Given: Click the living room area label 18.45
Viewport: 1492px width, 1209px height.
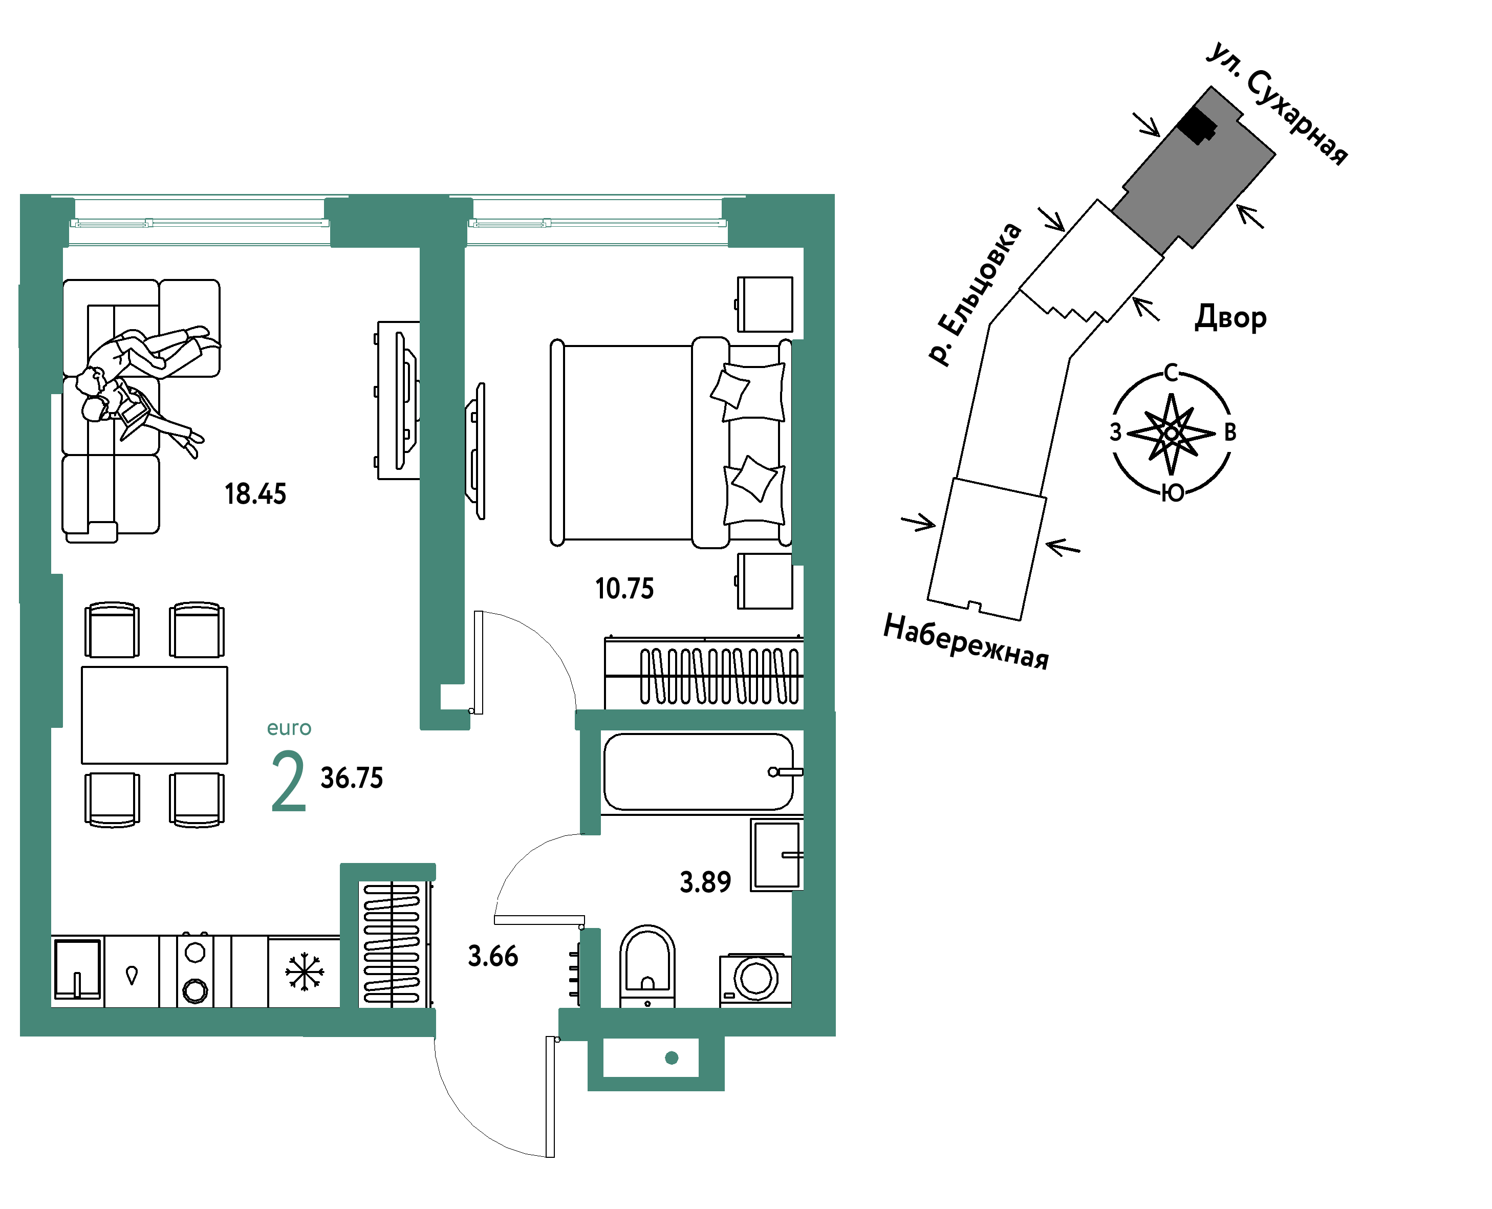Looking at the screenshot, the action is coord(255,494).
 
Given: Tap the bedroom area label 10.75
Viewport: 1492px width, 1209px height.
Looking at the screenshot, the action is coord(624,589).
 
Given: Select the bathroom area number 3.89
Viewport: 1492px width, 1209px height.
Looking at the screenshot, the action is coord(705,882).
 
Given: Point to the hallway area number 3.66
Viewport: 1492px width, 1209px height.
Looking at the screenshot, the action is coord(493,956).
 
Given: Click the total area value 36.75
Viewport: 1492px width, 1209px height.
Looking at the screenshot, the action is coord(352,778).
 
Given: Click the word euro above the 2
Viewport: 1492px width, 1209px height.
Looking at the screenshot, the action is coord(289,728).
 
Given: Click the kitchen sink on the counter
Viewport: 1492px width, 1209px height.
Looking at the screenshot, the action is coord(77,969).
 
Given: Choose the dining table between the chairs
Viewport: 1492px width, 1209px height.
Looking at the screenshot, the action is coord(155,715).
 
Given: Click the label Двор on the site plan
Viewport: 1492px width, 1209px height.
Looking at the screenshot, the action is coord(1231,317).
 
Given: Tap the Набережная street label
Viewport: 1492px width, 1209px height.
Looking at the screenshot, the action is coord(966,641).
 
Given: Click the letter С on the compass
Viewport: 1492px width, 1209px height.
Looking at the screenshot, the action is coord(1171,373).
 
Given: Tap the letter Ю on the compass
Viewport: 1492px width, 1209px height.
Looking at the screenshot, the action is coord(1173,493).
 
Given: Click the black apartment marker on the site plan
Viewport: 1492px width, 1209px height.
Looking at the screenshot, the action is coord(1197,126).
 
